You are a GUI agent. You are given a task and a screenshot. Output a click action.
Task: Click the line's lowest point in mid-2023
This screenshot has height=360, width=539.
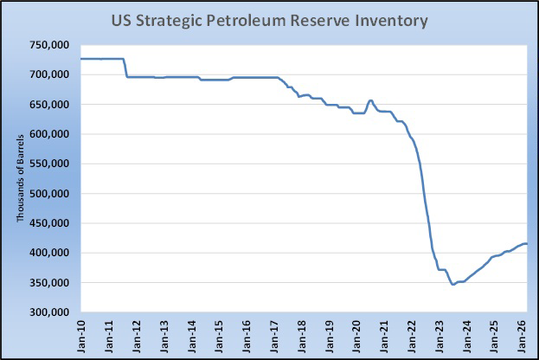pos(452,285)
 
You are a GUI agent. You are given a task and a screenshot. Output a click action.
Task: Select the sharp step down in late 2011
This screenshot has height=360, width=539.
pos(125,68)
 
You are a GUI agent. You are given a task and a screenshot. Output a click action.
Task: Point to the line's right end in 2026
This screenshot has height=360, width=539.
pos(528,244)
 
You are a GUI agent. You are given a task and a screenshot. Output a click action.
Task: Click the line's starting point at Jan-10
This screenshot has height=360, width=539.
pos(81,59)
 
